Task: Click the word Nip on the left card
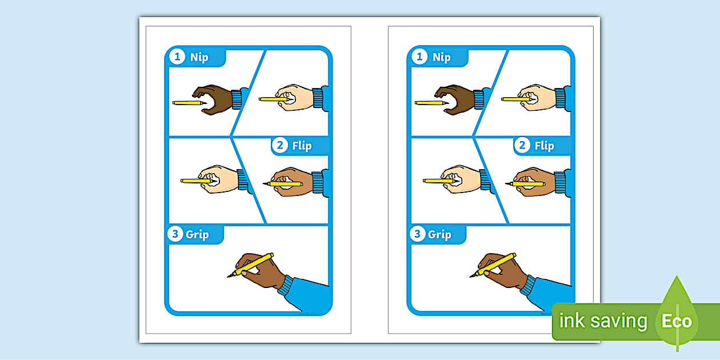click(x=199, y=57)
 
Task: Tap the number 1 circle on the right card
click(x=420, y=57)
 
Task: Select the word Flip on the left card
click(x=302, y=146)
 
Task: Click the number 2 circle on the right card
click(x=522, y=146)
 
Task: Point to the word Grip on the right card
click(x=439, y=234)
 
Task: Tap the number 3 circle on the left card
click(x=175, y=234)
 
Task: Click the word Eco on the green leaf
click(x=677, y=321)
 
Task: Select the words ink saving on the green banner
click(x=603, y=321)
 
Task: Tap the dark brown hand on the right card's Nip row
click(x=457, y=98)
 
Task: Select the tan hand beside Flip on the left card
click(x=291, y=182)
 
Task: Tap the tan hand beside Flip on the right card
click(x=534, y=182)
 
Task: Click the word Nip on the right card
click(x=442, y=57)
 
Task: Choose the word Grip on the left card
click(x=197, y=234)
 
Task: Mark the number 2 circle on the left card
click(x=280, y=146)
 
